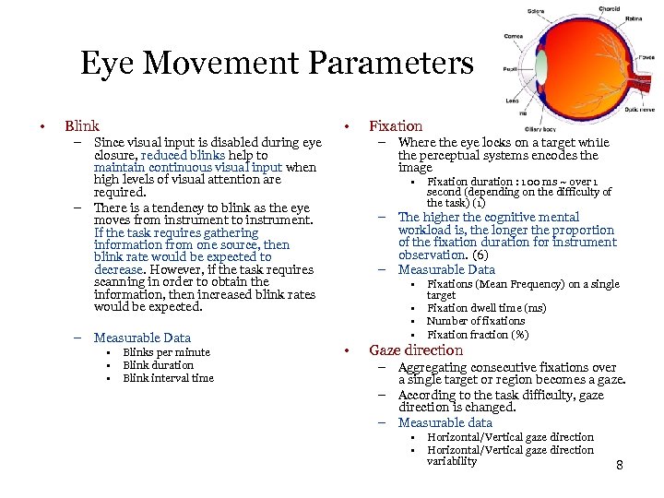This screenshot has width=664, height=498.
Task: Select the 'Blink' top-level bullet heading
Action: pyautogui.click(x=82, y=125)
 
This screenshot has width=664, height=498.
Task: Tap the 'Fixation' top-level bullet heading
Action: pyautogui.click(x=396, y=125)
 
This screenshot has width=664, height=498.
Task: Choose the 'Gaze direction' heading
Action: pyautogui.click(x=416, y=350)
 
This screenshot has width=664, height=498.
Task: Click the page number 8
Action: pyautogui.click(x=620, y=465)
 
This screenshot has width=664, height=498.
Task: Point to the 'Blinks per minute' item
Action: pyautogui.click(x=166, y=352)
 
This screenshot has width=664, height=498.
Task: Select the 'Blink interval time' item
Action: pyautogui.click(x=168, y=378)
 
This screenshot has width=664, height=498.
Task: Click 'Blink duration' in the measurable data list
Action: pyautogui.click(x=158, y=365)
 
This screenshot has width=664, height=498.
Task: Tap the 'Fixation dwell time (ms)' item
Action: pyautogui.click(x=486, y=308)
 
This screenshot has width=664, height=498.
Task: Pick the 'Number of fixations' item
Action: pyautogui.click(x=475, y=321)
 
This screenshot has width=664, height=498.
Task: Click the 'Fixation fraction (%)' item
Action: pyautogui.click(x=478, y=334)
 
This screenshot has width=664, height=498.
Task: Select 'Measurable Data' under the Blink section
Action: pyautogui.click(x=142, y=338)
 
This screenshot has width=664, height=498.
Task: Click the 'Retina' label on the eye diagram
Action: pyautogui.click(x=634, y=18)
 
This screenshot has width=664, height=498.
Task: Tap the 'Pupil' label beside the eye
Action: pyautogui.click(x=510, y=69)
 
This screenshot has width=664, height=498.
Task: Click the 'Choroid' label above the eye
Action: pyautogui.click(x=610, y=8)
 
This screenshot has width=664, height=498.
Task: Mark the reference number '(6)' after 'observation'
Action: pyautogui.click(x=480, y=255)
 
